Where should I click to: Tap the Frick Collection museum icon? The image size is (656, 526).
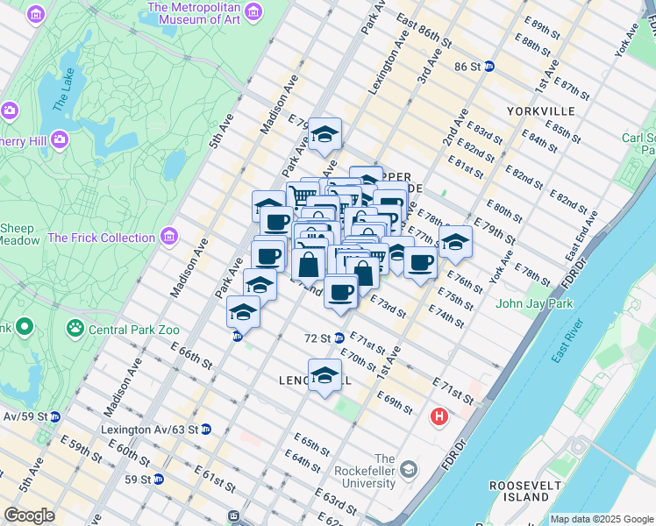click(169, 237)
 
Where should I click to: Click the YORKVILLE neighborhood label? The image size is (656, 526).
click(540, 111)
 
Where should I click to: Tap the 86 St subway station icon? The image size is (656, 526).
click(489, 67)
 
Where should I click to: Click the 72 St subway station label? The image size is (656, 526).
click(317, 338)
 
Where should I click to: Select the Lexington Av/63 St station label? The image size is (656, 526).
click(151, 430)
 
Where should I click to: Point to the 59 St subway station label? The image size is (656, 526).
click(138, 480)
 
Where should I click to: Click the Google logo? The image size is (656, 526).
click(29, 515)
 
